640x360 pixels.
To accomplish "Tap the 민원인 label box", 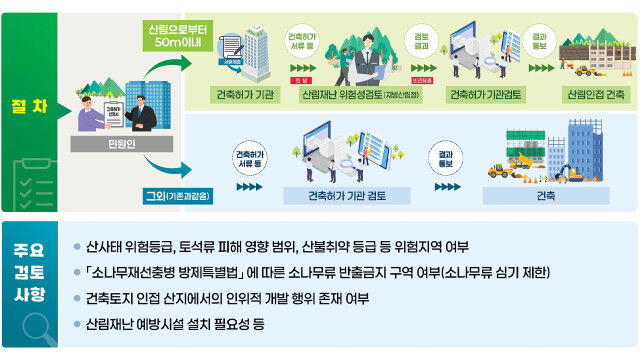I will pos(109,144).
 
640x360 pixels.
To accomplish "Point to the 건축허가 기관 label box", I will pos(237,95).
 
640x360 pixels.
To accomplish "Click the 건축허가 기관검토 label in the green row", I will pos(483,95).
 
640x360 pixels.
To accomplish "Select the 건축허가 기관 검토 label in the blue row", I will pos(348,195).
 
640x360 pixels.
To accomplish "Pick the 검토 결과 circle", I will pos(421,38).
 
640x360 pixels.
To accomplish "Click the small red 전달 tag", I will pos(297,77).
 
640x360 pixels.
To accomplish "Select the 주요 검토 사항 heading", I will pos(28,268).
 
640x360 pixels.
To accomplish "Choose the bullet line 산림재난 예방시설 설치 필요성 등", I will pos(175,324).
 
